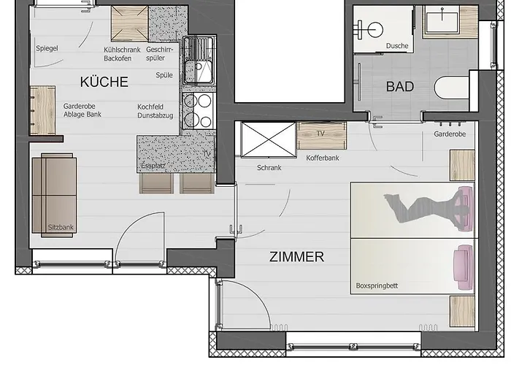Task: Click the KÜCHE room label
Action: pos(104,82)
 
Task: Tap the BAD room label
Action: pos(400,87)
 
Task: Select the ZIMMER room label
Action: pos(296,257)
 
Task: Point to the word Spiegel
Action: pos(47,48)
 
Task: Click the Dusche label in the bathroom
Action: pos(397,46)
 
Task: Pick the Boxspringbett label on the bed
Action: pos(377,286)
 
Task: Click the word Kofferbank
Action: pos(323,158)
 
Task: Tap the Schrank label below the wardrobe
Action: pos(269,168)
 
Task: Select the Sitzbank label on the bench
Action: pos(61,228)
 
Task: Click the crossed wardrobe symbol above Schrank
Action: pos(268,139)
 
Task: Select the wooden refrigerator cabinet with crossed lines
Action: pos(130,24)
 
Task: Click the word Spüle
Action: pos(164,75)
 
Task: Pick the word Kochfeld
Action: pos(150,107)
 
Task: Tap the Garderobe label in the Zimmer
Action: pos(450,134)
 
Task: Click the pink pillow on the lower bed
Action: pos(464,267)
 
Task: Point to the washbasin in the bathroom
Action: pos(442,21)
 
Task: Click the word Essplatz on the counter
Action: pos(153,166)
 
